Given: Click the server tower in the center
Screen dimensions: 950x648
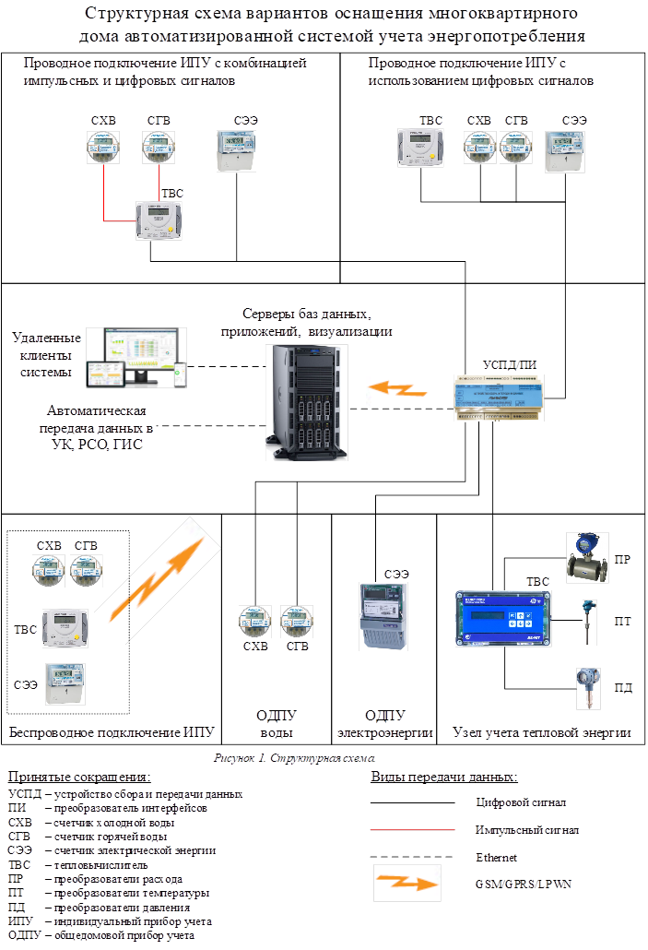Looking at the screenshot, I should tap(308, 398).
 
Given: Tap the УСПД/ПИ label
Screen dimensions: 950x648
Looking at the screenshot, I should tap(510, 365).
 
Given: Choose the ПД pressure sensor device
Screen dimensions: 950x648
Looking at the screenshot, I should tap(585, 688).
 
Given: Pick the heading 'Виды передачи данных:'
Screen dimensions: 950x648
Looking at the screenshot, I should tap(442, 777).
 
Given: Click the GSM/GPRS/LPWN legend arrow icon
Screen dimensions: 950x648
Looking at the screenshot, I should tap(406, 883).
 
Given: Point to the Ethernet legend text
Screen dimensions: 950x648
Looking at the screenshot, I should tap(496, 857).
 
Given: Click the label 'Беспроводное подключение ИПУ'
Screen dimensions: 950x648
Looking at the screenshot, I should tap(111, 732).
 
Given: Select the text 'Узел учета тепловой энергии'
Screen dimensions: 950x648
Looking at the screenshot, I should tap(542, 732).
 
